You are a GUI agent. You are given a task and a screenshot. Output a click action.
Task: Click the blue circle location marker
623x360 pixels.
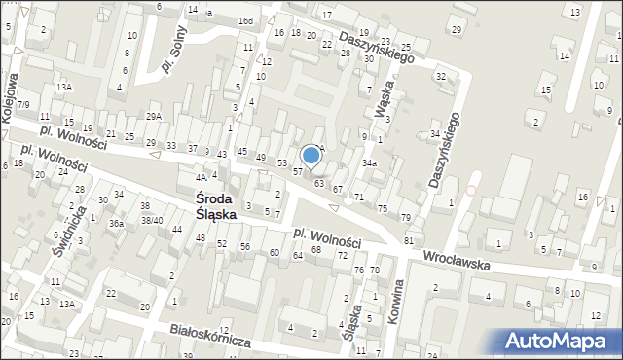(311, 155)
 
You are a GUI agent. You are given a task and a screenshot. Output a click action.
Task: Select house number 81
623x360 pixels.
(409, 240)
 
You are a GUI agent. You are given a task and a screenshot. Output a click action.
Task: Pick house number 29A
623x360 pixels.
(154, 116)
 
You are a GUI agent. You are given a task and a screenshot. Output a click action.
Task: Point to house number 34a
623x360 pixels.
(369, 163)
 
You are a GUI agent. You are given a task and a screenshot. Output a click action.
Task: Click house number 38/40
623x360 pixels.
(151, 220)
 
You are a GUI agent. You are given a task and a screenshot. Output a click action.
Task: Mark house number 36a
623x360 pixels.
(116, 224)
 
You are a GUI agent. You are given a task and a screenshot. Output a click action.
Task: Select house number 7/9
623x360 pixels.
(23, 104)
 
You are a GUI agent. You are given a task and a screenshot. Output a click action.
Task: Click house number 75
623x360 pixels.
(383, 209)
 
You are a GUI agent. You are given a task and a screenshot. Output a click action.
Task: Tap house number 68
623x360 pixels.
(316, 250)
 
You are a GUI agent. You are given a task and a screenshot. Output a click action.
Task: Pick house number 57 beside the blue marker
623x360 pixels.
(298, 171)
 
